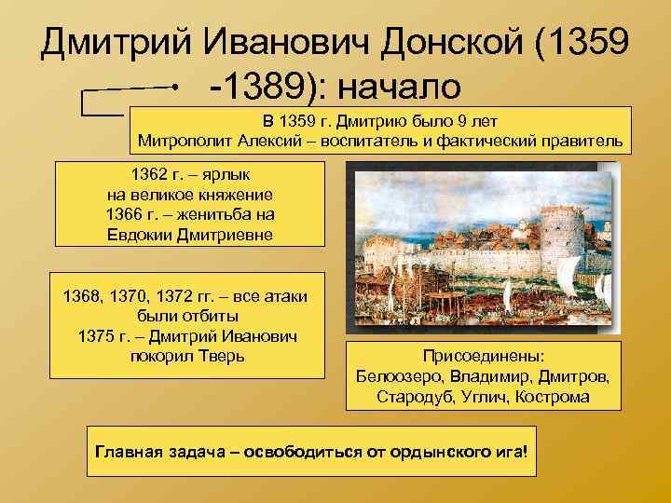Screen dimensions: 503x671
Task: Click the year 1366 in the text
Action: [x=129, y=215]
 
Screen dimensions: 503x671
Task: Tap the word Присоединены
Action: [x=484, y=356]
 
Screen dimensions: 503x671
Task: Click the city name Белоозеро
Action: [x=402, y=376]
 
